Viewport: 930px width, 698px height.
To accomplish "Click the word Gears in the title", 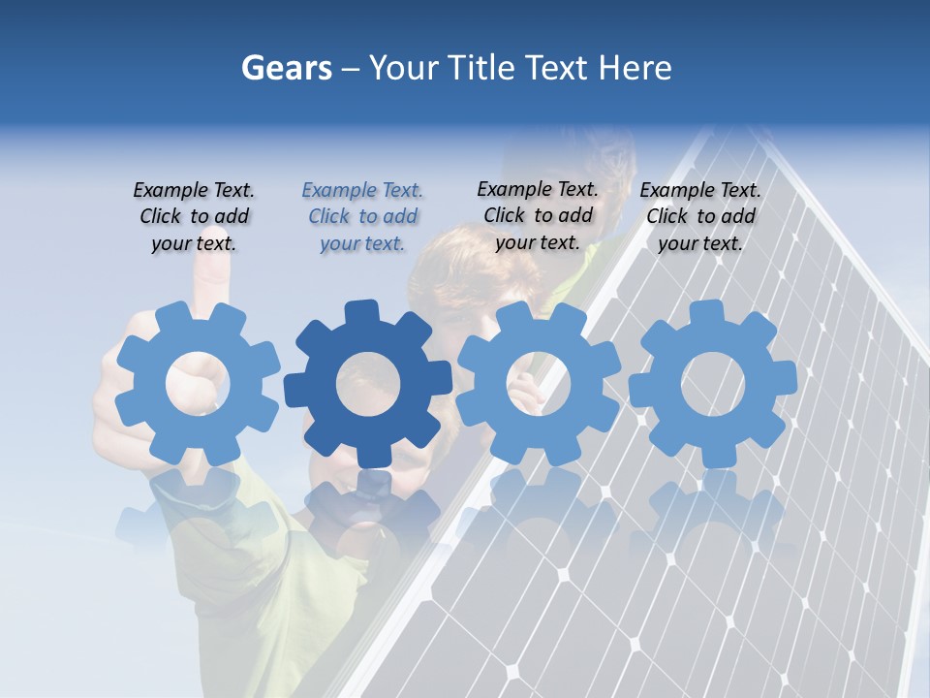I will click(286, 69).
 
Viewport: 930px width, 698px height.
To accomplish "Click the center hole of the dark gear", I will click(368, 385).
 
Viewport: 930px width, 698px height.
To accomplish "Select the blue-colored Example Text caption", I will click(362, 216).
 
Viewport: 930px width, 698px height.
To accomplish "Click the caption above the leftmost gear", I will click(194, 216).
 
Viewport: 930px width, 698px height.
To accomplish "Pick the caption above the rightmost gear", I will click(700, 216).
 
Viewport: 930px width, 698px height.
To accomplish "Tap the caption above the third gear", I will click(538, 215).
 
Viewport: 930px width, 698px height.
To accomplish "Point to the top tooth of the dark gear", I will click(360, 313).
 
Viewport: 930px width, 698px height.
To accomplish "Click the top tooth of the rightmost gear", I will click(705, 313).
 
